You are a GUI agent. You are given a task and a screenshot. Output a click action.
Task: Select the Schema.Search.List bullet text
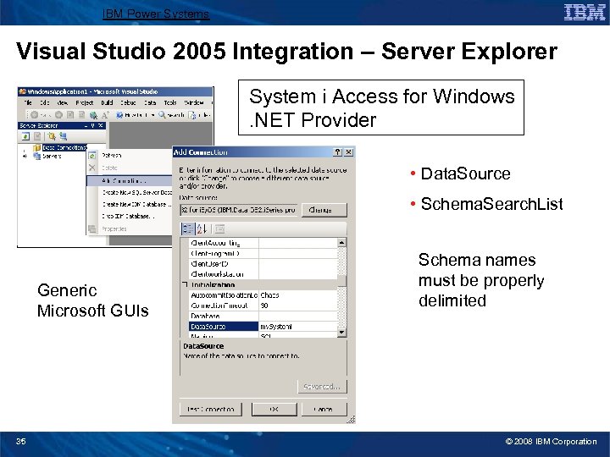pyautogui.click(x=491, y=204)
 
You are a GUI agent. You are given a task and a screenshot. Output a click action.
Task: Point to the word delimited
pyautogui.click(x=452, y=300)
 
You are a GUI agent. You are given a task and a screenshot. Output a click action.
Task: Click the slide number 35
pyautogui.click(x=20, y=441)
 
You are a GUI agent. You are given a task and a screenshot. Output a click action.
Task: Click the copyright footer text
pyautogui.click(x=551, y=441)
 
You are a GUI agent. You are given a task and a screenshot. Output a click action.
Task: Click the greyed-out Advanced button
pyautogui.click(x=322, y=387)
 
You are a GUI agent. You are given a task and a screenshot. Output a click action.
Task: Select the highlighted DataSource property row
pyautogui.click(x=224, y=326)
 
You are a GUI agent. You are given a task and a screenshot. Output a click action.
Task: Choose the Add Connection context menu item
pyautogui.click(x=127, y=180)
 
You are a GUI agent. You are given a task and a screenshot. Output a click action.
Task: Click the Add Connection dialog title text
pyautogui.click(x=202, y=152)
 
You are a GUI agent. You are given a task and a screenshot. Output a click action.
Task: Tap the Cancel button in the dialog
pyautogui.click(x=323, y=409)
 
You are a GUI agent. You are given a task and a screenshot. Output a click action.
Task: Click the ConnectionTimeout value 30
pyautogui.click(x=265, y=306)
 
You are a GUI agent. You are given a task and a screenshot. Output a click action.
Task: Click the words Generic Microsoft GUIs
pyautogui.click(x=92, y=300)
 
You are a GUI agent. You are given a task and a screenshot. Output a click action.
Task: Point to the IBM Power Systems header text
pyautogui.click(x=155, y=14)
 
